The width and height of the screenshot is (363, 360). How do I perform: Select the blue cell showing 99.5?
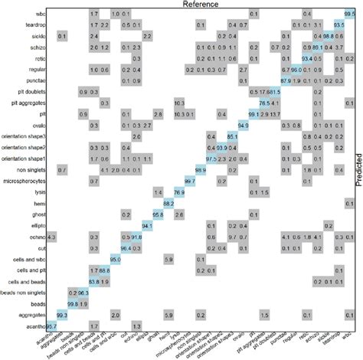coord(349,14)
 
